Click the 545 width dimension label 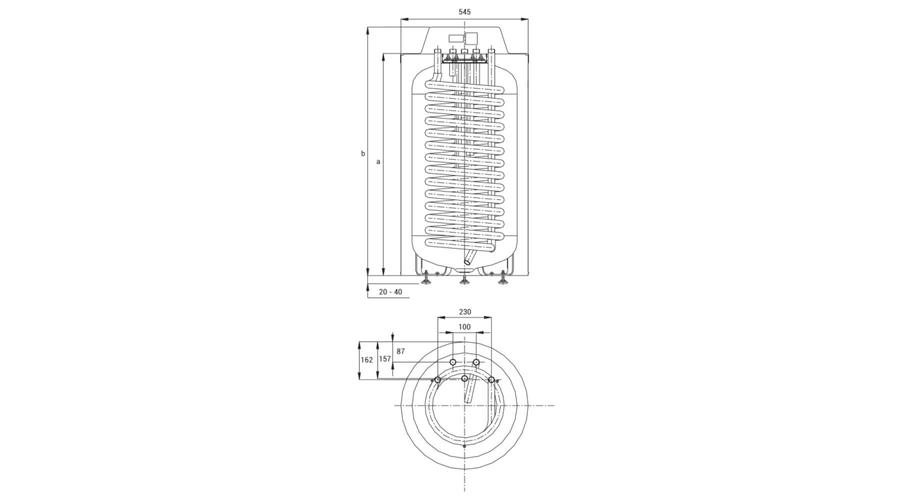click(464, 11)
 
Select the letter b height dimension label click(363, 153)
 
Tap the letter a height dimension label click(378, 162)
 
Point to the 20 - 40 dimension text click(390, 292)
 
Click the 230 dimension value click(464, 312)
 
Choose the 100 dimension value click(464, 327)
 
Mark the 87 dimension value click(401, 351)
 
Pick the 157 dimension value click(385, 359)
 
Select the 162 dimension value click(367, 360)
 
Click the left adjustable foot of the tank click(425, 280)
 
